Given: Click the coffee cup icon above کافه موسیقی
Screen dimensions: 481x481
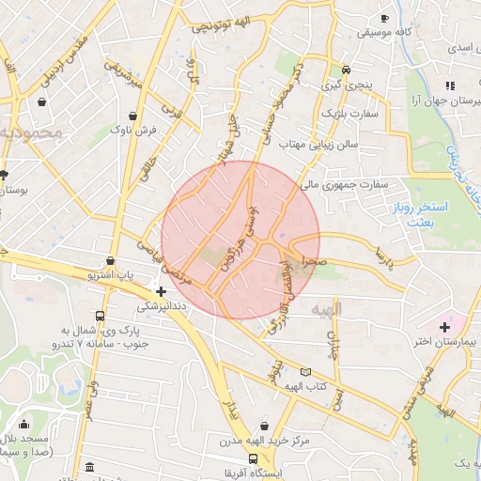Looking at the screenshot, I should click(x=383, y=19).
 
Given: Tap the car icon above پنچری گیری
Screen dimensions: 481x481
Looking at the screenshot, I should click(x=347, y=70).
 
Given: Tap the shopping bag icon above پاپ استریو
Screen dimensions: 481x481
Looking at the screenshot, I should click(x=112, y=261).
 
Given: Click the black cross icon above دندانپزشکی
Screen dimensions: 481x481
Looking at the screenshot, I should click(x=162, y=291).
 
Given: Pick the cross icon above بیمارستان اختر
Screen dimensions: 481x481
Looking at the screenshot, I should click(x=444, y=326).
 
